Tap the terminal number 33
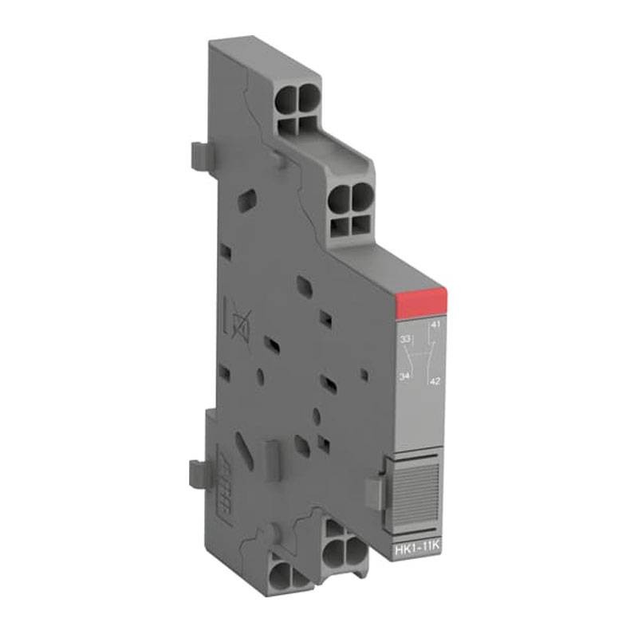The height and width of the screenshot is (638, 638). [x=405, y=339]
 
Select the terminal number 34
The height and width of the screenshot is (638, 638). [x=405, y=374]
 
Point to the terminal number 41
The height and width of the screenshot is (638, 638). [x=435, y=325]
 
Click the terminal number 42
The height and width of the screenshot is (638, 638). [x=435, y=381]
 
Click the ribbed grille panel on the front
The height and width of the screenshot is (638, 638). [x=416, y=487]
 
